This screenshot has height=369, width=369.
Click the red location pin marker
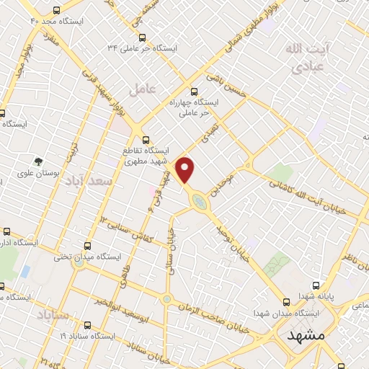pos(186,169)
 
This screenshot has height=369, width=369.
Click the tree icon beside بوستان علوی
pos(38,161)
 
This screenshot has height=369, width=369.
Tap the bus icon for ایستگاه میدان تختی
pos(88,246)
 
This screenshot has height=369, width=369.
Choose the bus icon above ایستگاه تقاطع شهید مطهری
pos(145,139)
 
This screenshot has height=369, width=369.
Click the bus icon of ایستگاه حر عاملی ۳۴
pos(142,37)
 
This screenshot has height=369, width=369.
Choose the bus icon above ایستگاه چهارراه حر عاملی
pos(193,91)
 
